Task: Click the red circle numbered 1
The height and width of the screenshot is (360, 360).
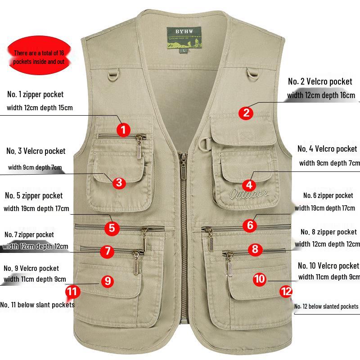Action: click(124, 130)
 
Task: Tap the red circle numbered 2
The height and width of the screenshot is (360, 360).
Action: click(246, 112)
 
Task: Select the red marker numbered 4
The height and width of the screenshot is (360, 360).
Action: click(249, 184)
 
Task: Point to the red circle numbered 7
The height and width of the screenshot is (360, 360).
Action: click(107, 251)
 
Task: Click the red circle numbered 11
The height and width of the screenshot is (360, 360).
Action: click(72, 292)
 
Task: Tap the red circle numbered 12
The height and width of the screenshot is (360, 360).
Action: click(286, 292)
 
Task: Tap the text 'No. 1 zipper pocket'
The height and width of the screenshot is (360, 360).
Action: click(35, 94)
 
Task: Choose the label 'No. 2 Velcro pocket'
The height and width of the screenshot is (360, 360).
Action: click(320, 81)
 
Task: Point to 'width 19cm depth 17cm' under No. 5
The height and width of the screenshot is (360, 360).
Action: click(36, 208)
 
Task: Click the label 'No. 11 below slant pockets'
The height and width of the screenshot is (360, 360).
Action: click(37, 305)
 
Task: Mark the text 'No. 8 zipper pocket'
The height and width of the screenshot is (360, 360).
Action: click(328, 232)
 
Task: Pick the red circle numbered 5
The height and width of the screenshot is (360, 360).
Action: click(112, 228)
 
